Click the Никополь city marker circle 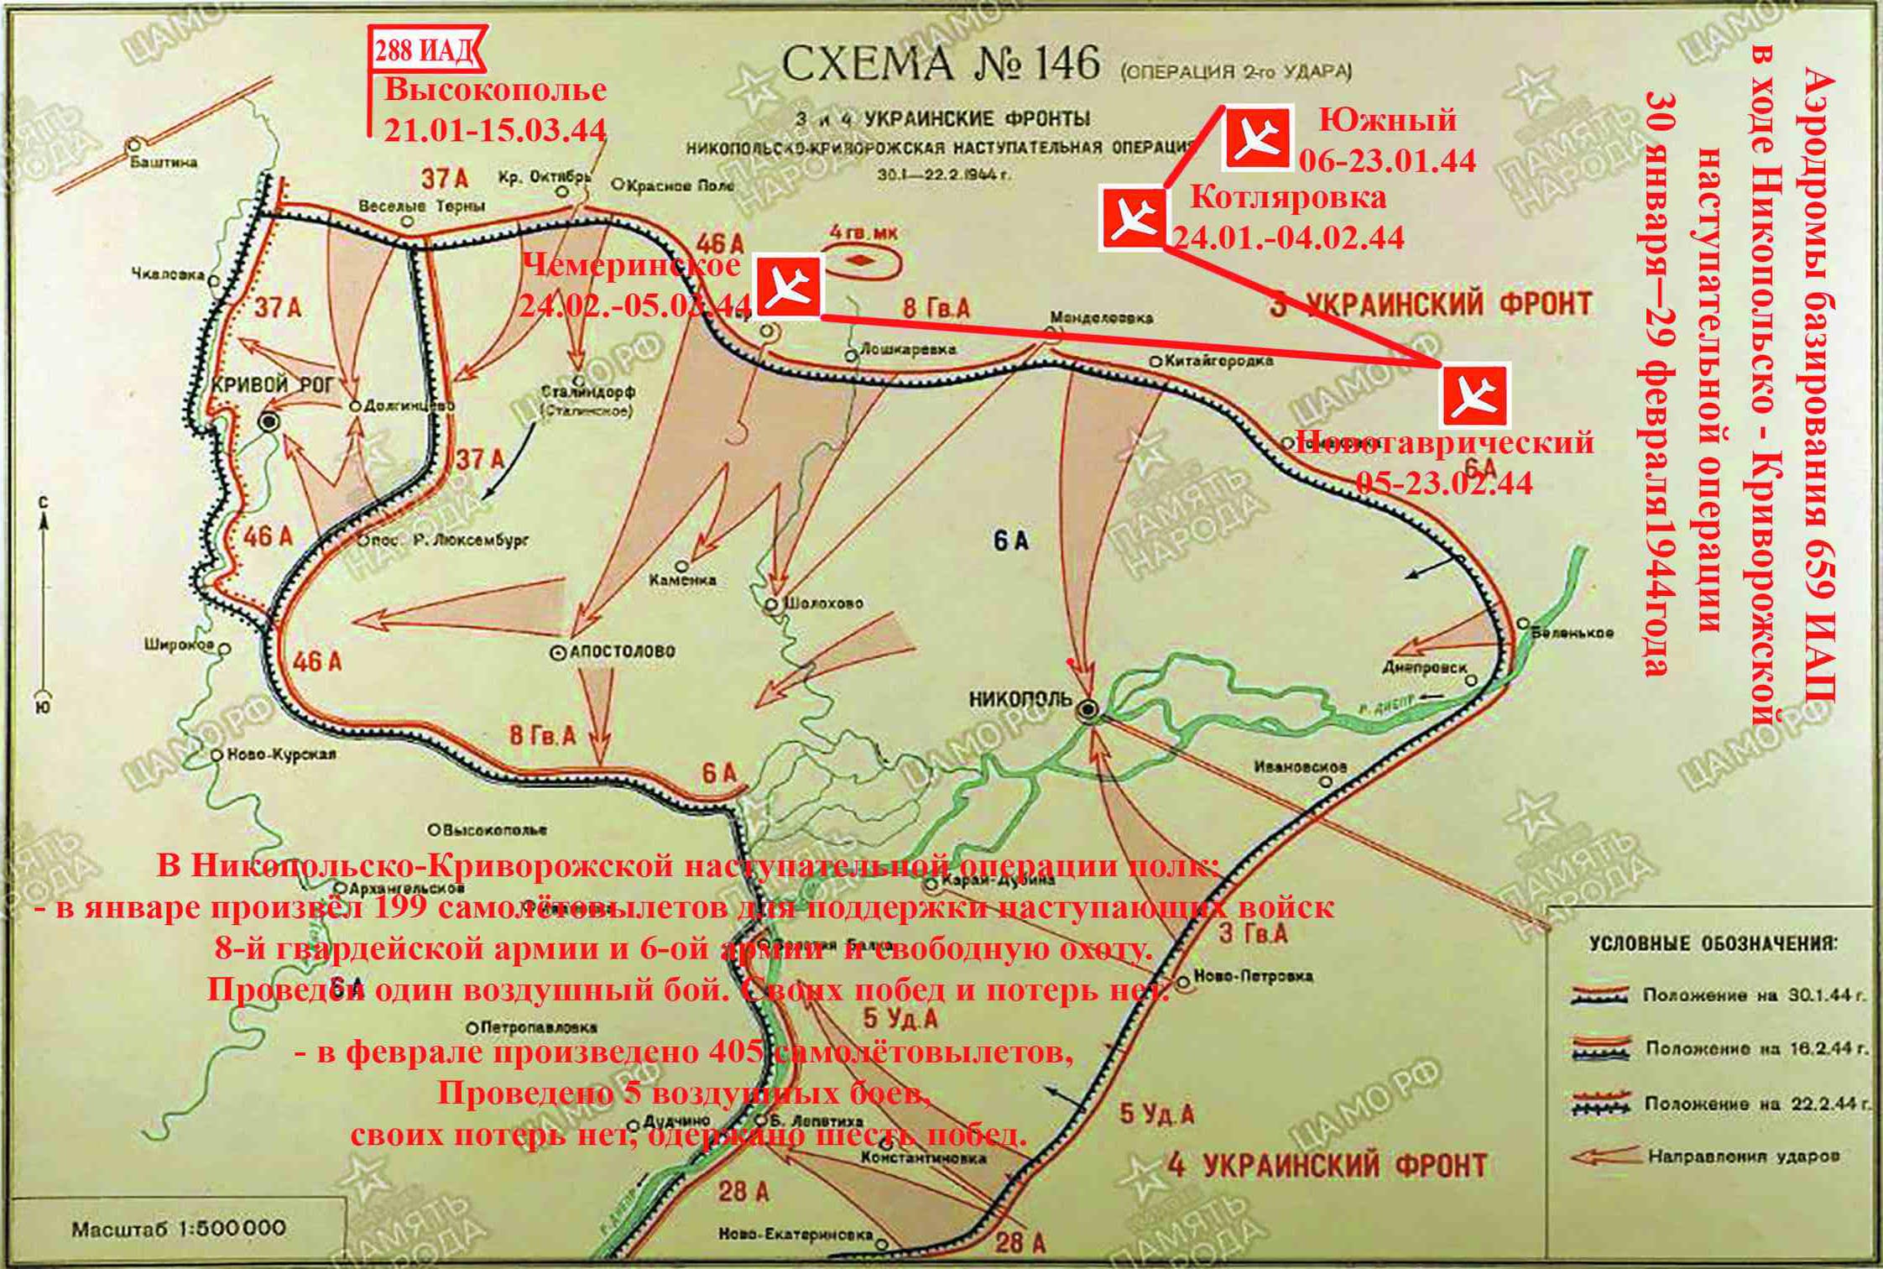[1088, 709]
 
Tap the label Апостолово [622, 651]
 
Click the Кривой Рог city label [272, 385]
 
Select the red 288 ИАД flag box [425, 51]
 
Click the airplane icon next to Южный [1257, 138]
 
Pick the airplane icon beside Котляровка [1132, 219]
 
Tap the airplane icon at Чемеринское [788, 288]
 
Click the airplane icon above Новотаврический [1474, 395]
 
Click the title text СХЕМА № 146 [940, 64]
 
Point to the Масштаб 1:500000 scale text [179, 1229]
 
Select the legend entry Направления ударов [1743, 1156]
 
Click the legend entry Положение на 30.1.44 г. [1754, 995]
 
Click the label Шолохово [823, 603]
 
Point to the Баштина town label [164, 162]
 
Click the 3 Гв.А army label [1254, 933]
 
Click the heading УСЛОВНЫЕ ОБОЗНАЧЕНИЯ [1713, 943]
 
